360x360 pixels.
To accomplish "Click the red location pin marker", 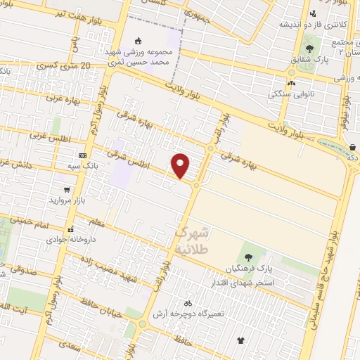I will (181, 165).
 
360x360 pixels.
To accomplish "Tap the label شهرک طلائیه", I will (191, 240).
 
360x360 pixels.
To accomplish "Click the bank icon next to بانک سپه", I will (82, 155).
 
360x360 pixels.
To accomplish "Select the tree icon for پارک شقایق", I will (309, 49).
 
